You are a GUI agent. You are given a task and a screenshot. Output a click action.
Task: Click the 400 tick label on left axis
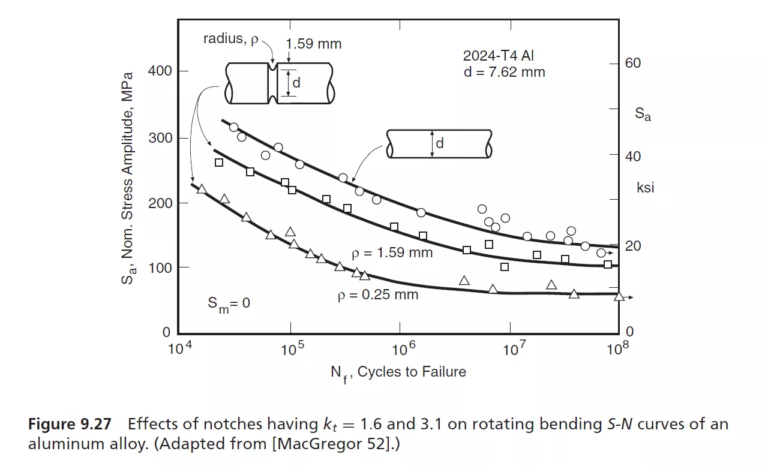[x=160, y=71]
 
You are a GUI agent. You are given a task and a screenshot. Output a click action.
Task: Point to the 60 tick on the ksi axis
[x=632, y=63]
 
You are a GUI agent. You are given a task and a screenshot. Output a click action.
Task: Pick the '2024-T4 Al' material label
[x=498, y=56]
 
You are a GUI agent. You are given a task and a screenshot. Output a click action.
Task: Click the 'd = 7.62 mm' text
[x=503, y=72]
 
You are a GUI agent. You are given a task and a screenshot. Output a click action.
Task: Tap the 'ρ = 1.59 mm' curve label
[x=392, y=252]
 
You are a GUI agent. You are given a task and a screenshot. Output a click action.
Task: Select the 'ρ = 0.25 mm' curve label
[x=377, y=295]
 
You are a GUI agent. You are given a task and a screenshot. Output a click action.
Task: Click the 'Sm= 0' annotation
[x=229, y=304]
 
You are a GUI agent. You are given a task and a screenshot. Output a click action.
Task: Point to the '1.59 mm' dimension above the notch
[x=313, y=44]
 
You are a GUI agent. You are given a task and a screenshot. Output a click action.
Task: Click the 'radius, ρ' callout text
[x=230, y=40]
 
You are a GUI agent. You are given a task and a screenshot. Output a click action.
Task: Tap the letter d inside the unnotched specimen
[x=440, y=144]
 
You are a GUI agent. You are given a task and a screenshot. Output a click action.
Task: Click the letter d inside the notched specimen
[x=295, y=83]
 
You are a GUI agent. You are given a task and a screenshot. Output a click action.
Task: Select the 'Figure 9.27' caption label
[x=70, y=425]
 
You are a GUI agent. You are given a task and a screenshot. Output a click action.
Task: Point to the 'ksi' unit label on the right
[x=645, y=188]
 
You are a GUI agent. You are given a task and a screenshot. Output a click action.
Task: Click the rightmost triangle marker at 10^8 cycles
[x=619, y=296]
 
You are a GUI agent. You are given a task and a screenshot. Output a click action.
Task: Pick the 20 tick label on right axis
[x=632, y=246]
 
